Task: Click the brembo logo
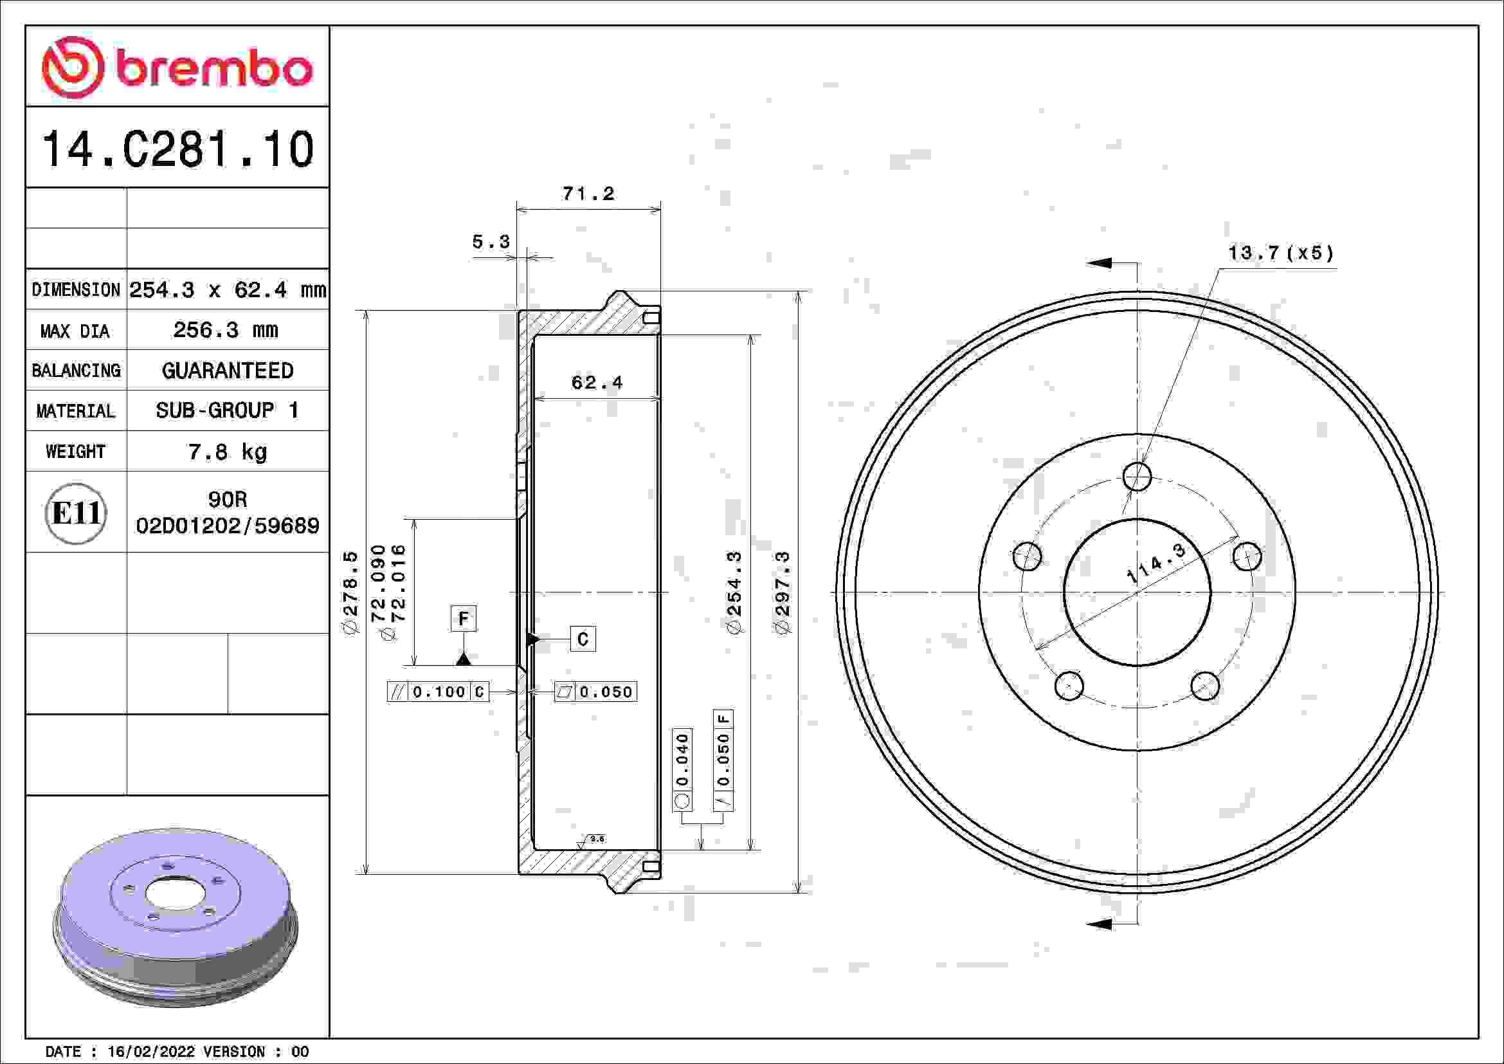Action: pos(177,68)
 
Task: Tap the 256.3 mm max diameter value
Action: pos(226,330)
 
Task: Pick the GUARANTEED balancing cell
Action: pos(227,371)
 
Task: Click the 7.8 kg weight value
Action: pos(227,452)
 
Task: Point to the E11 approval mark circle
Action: pos(76,513)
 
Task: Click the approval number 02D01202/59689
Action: pos(227,526)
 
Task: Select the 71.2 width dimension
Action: pos(588,194)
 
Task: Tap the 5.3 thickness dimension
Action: pos(491,243)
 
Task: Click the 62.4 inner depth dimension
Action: pos(597,383)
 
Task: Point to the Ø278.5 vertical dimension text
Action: pos(351,592)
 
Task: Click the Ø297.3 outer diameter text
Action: pos(783,592)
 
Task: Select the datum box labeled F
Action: pos(463,618)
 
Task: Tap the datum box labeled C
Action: pos(583,639)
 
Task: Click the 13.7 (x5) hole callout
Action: pos(1281,253)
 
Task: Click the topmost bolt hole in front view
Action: pos(1137,476)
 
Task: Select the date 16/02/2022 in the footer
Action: pos(150,1052)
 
